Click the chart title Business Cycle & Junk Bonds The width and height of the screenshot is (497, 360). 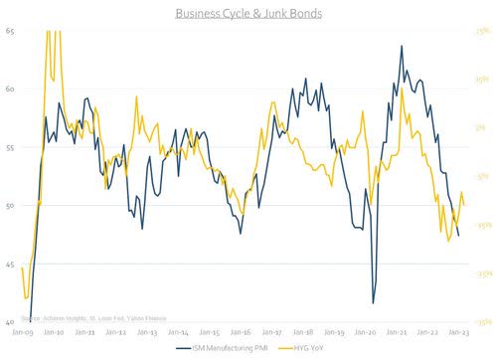click(x=248, y=14)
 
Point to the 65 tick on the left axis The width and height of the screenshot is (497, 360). click(x=10, y=31)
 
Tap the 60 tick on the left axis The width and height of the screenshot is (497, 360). click(x=10, y=90)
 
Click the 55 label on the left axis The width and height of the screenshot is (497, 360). click(x=10, y=147)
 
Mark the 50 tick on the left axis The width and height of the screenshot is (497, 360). click(x=10, y=206)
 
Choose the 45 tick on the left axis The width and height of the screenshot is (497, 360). click(x=10, y=264)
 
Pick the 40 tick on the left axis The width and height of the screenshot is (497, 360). click(x=10, y=322)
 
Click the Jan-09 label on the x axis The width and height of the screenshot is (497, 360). click(x=24, y=332)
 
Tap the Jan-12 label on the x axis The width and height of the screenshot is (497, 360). click(x=117, y=332)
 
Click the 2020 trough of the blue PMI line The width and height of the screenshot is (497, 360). click(x=374, y=303)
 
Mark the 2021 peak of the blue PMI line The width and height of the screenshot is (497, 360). click(x=402, y=46)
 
